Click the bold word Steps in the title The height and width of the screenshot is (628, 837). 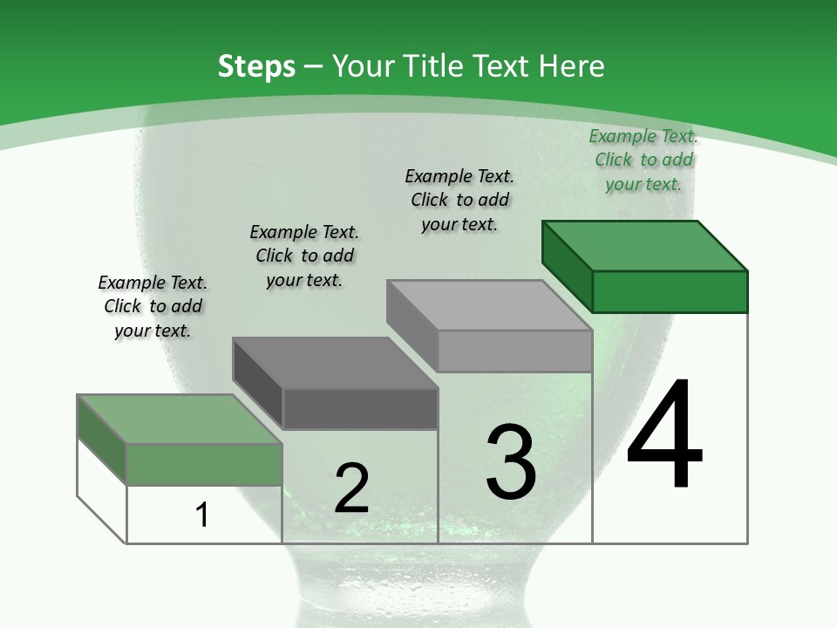256,67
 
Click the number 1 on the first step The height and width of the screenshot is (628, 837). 201,515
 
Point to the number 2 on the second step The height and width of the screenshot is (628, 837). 351,488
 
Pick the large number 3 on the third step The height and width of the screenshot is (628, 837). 510,461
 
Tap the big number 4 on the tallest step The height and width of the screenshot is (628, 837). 664,433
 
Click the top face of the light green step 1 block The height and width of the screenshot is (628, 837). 180,420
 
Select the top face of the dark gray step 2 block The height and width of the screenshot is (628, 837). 335,363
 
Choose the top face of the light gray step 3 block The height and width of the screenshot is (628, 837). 489,305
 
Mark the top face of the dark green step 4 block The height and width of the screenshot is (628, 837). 645,246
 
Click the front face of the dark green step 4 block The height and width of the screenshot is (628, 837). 670,291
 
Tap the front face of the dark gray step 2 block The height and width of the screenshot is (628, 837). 360,408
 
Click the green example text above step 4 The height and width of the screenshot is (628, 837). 643,160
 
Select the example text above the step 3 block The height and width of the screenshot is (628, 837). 459,201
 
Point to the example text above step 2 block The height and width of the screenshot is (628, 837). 304,256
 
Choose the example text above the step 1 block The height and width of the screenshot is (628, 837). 153,306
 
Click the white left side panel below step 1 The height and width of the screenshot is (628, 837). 102,491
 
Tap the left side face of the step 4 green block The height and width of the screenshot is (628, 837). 568,267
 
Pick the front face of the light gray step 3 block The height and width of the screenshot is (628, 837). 515,351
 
